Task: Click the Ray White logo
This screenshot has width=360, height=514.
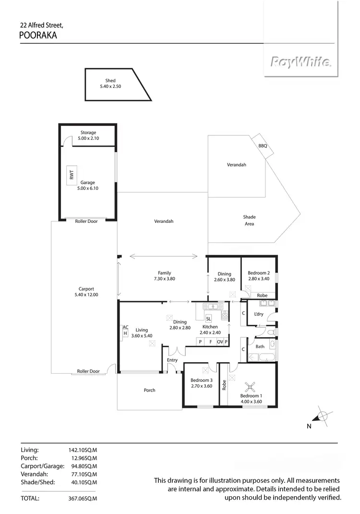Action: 300,62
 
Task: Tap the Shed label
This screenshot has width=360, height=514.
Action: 110,81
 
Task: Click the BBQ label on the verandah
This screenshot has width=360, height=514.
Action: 262,145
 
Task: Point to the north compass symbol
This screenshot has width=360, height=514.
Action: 323,416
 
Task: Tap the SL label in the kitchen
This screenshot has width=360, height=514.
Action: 208,318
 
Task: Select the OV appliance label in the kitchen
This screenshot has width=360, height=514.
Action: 220,342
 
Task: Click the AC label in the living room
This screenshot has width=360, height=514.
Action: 125,327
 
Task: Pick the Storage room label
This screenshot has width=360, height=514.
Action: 88,133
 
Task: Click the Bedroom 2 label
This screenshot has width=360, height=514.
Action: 258,273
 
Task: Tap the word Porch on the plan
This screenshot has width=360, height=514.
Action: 150,390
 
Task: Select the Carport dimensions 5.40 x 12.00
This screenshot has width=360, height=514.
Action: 86,294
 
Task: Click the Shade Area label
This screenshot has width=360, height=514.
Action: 249,220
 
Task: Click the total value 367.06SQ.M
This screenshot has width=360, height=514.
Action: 83,499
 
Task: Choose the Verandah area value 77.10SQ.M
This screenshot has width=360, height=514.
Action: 83,474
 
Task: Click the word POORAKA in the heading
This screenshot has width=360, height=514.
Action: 38,35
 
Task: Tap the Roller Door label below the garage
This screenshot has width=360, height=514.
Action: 86,221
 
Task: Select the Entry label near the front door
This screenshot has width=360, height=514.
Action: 172,360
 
